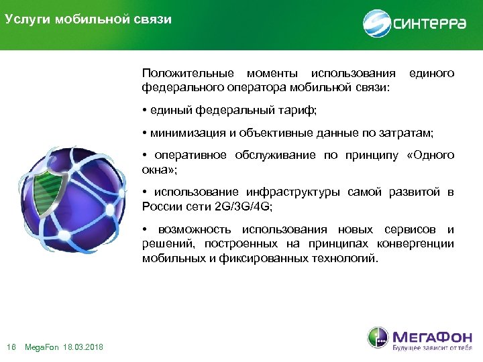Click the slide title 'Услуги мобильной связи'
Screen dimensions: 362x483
(x=88, y=19)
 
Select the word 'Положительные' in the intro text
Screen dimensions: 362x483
(x=187, y=72)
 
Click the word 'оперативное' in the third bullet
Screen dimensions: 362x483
(x=189, y=156)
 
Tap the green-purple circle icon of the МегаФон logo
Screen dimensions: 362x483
(x=377, y=338)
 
